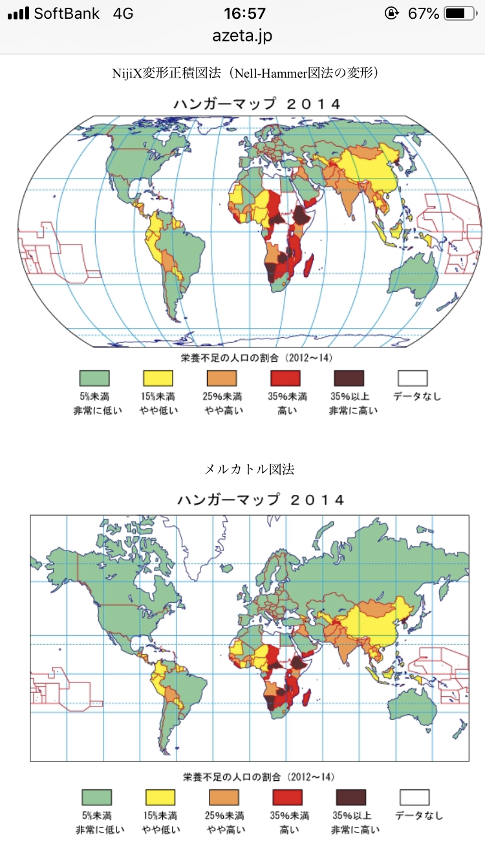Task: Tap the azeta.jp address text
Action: click(x=242, y=36)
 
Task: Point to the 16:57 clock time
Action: click(x=244, y=13)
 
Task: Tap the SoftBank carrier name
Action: click(x=67, y=13)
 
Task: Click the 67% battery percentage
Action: click(x=424, y=13)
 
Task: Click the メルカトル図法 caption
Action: click(x=249, y=470)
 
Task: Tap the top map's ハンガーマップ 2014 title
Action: click(x=256, y=104)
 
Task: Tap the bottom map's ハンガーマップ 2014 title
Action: click(x=261, y=500)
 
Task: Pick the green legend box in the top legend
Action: click(x=94, y=378)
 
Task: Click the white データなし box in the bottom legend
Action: click(x=415, y=797)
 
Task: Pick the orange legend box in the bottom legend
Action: click(x=224, y=797)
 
